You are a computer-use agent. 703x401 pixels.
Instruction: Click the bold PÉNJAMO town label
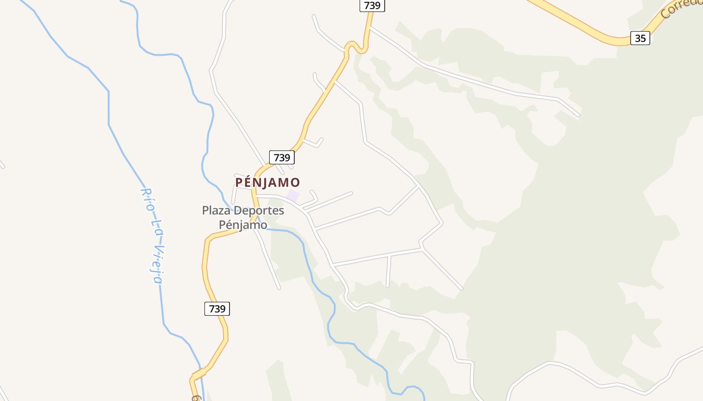267,182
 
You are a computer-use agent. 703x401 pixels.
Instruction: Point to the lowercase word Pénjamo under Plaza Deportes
243,225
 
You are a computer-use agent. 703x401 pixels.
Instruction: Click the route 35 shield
640,38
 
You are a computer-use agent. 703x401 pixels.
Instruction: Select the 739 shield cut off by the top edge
372,5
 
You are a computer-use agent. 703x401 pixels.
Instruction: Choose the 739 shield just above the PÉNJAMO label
282,157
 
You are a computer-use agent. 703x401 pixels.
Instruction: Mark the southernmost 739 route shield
217,309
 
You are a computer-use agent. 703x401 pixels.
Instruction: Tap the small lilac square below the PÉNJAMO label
293,195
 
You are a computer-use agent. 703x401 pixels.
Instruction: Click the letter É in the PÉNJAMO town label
249,181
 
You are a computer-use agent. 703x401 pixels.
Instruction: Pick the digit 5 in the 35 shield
643,38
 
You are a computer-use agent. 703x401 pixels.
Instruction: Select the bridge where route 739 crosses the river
200,373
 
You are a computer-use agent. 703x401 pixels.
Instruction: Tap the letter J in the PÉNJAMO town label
270,182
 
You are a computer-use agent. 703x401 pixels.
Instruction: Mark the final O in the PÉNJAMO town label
295,182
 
